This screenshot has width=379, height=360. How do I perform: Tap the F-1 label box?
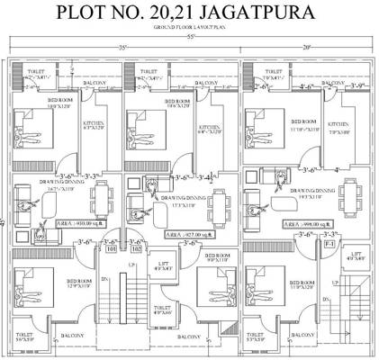tap(329, 244)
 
